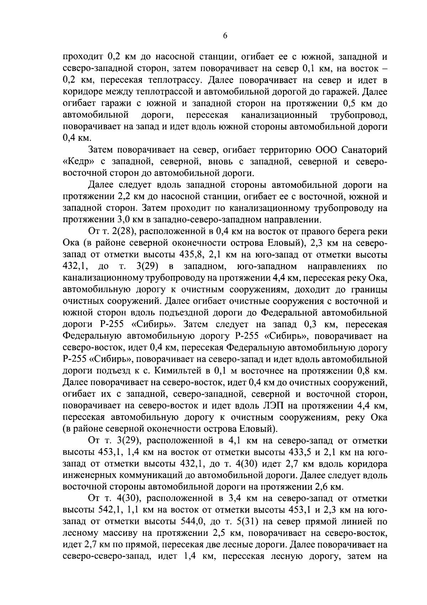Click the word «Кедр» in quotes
[77, 162]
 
